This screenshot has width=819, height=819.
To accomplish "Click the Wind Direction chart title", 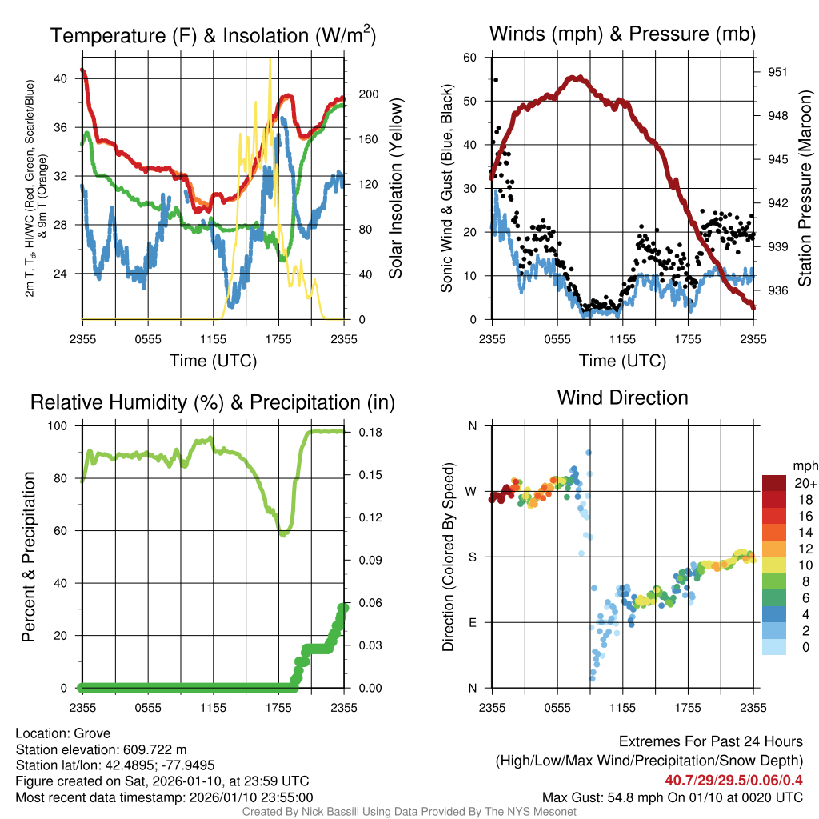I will [x=622, y=398].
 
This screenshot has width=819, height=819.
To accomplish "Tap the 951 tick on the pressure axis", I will [x=777, y=72].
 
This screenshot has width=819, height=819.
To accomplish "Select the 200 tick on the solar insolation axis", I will [x=367, y=94].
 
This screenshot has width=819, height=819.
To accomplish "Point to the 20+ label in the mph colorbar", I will [x=805, y=483].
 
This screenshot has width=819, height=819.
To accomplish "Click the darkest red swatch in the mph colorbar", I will [x=776, y=483].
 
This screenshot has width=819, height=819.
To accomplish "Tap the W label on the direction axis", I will [x=472, y=491].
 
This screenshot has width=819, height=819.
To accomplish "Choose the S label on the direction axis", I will [x=473, y=557].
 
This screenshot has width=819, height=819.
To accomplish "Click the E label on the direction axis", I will [x=473, y=622].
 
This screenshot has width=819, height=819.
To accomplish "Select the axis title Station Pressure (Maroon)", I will [x=805, y=189].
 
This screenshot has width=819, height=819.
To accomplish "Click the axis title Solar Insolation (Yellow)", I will [x=396, y=189].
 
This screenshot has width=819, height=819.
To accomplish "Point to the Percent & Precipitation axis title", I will [x=29, y=557].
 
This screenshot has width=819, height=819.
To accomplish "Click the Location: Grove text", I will [x=62, y=733].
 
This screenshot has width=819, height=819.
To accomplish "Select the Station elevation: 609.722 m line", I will [x=101, y=749].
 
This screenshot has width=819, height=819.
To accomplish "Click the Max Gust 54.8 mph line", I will [x=673, y=797].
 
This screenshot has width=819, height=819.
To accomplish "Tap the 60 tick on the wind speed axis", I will [x=469, y=58].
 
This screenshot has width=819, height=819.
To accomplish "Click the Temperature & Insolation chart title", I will [x=213, y=35].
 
